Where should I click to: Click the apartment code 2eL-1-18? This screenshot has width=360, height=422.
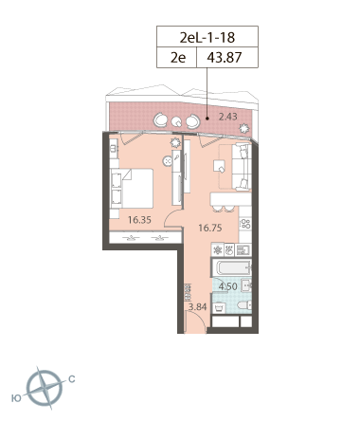coord(207,38)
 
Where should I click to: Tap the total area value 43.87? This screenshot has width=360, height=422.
coord(225,58)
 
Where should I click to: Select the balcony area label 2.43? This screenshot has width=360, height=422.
coord(228,117)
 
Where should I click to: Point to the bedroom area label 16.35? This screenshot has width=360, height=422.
coord(139,220)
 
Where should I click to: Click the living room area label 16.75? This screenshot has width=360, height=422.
coord(210,228)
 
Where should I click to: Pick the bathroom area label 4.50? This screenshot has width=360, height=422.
coord(227,286)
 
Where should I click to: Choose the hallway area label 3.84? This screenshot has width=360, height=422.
coord(197,306)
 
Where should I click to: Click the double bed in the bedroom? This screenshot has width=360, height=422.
coord(132,189)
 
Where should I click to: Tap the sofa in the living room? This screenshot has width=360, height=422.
coord(242,167)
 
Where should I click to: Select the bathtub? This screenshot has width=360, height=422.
coord(232,268)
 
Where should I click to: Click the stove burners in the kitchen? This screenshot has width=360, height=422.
coord(245,224)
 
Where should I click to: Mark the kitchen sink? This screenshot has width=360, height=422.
coord(243,250)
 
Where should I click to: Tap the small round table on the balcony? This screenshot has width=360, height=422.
coord(176,121)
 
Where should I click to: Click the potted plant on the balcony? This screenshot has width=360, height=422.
coord(243,129)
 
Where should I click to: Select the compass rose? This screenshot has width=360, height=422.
coord(45,388)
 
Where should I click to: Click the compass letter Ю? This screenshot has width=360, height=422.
coord(16,398)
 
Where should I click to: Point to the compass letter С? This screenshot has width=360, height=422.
coord(72,379)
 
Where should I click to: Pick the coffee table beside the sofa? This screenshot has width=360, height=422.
coord(220,166)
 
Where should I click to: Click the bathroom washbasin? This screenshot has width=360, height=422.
coord(246,285)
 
